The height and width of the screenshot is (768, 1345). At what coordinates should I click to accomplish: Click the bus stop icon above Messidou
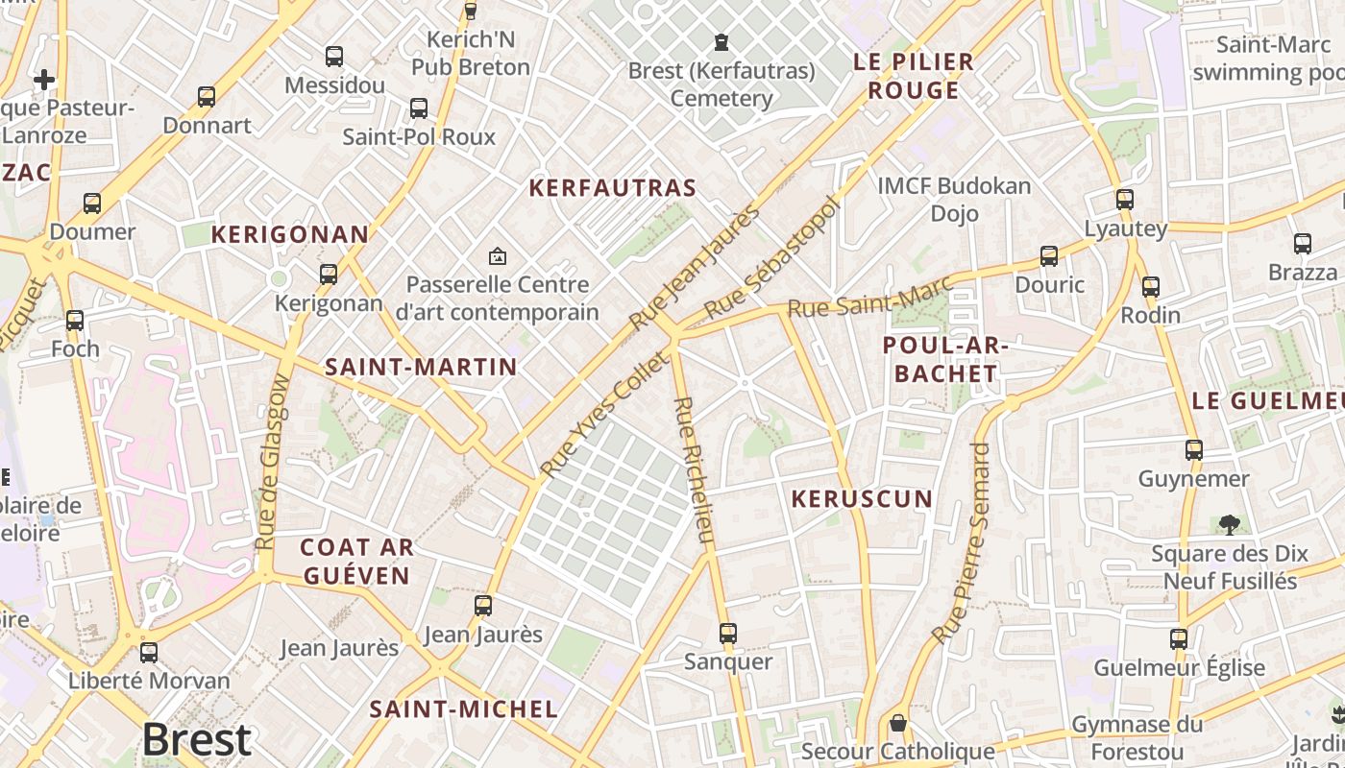point(333,57)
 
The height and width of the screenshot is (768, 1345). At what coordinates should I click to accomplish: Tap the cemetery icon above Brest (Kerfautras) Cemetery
point(721,42)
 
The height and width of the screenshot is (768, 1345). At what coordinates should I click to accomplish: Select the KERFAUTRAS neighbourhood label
point(612,188)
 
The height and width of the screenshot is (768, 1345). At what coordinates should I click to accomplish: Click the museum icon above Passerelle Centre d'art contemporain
point(497,256)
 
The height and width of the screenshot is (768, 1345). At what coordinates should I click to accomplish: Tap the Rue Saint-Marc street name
point(869,296)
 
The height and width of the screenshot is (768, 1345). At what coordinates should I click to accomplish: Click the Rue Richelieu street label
point(695,469)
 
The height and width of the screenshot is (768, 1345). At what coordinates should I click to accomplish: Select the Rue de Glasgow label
point(273,462)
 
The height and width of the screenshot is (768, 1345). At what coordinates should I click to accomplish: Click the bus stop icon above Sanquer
point(727,634)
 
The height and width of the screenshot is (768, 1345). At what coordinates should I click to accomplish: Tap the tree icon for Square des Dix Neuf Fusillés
point(1229,524)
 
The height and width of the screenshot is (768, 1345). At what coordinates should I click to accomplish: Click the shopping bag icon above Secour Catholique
point(897,723)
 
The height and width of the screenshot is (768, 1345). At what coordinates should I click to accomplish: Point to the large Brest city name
point(197,740)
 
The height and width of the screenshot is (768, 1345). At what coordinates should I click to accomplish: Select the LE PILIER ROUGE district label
point(914,77)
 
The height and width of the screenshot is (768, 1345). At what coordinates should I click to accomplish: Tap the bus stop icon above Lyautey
point(1124,200)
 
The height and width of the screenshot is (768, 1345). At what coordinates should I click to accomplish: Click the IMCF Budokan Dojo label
point(954,199)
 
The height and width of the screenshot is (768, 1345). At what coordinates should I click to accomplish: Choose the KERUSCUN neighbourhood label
point(862,499)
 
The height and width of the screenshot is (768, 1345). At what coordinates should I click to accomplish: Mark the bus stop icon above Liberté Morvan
point(149,653)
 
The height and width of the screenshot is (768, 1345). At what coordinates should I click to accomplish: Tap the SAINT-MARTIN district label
point(421,367)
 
